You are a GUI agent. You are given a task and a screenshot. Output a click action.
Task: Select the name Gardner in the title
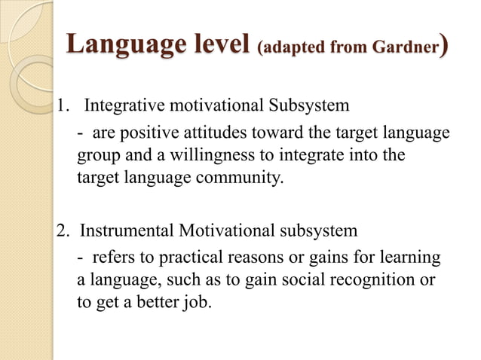(404, 47)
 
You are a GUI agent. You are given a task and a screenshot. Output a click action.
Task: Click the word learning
(413, 258)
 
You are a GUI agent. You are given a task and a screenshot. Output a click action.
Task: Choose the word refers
(112, 258)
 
